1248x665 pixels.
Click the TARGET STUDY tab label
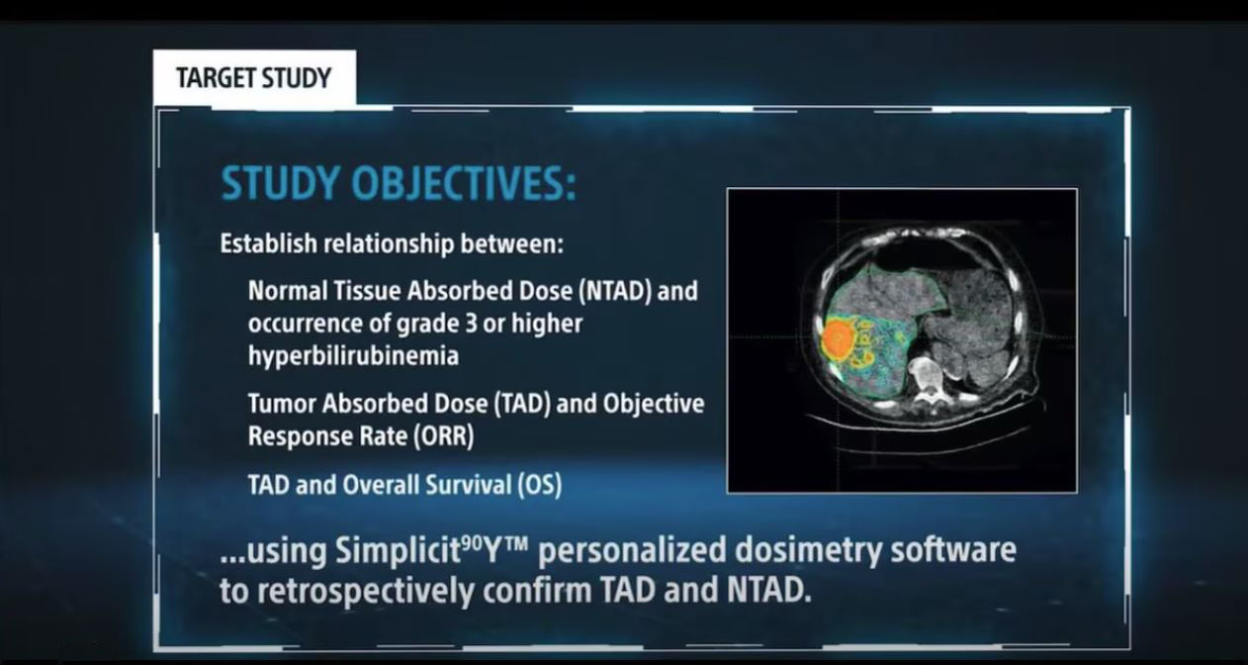[253, 78]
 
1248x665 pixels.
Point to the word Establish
[263, 243]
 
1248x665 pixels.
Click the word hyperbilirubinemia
[353, 356]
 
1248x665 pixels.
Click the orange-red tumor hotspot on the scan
[839, 338]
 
